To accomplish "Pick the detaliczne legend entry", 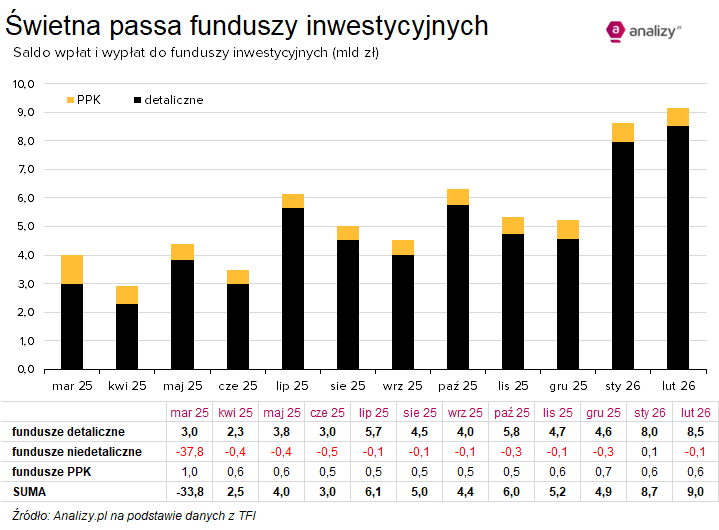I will [168, 100].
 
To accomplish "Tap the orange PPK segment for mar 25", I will [71, 270].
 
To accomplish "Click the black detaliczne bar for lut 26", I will [677, 247].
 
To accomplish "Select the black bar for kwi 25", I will [126, 336].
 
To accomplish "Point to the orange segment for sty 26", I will [622, 132].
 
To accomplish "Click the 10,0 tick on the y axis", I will [24, 84].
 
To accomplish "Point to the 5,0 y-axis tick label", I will [24, 227].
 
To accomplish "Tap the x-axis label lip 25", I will [292, 385].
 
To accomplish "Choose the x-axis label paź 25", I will [457, 385].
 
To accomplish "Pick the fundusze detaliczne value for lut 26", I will [695, 432].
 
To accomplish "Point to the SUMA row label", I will [29, 492].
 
